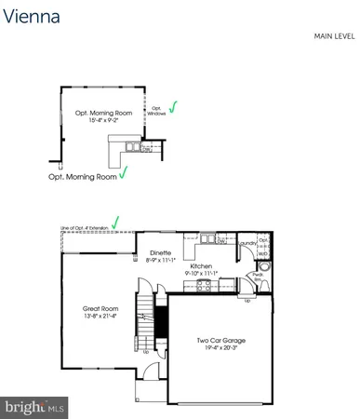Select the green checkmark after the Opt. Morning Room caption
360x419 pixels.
pyautogui.click(x=122, y=173)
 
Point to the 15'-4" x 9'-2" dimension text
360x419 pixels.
pyautogui.click(x=104, y=121)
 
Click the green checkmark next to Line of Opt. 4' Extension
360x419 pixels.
pyautogui.click(x=115, y=222)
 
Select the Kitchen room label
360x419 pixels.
pyautogui.click(x=202, y=266)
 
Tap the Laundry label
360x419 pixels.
pyautogui.click(x=247, y=243)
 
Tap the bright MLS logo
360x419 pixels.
pyautogui.click(x=34, y=406)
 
